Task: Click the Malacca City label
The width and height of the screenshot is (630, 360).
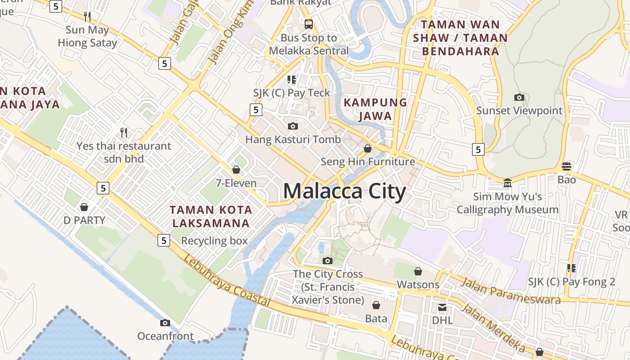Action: (344, 191)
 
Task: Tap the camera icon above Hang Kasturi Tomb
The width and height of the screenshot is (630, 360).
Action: (293, 126)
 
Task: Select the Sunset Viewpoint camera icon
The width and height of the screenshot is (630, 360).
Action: (519, 97)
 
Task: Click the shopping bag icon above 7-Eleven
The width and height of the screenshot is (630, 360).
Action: (236, 170)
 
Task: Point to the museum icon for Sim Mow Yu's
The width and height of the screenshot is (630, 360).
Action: (508, 183)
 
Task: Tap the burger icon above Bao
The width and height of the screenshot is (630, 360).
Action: (567, 166)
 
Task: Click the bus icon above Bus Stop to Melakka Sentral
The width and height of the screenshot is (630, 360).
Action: (308, 24)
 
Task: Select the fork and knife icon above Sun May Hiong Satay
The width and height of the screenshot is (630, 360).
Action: (87, 17)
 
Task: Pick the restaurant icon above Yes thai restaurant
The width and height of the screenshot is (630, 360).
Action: (124, 132)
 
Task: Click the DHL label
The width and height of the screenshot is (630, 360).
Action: (442, 320)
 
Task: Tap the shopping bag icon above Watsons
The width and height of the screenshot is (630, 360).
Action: (418, 271)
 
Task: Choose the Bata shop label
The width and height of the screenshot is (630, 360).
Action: (376, 319)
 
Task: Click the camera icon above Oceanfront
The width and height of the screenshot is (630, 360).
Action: (165, 323)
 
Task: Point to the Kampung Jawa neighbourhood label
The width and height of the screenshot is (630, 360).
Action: (375, 109)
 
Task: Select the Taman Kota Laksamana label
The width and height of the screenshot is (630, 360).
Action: (211, 216)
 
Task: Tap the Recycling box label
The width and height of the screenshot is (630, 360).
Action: (214, 241)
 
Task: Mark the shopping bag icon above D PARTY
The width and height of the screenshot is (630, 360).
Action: (84, 207)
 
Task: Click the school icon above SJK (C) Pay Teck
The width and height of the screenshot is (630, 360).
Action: (292, 80)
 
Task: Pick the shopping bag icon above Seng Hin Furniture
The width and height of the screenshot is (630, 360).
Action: (368, 148)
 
